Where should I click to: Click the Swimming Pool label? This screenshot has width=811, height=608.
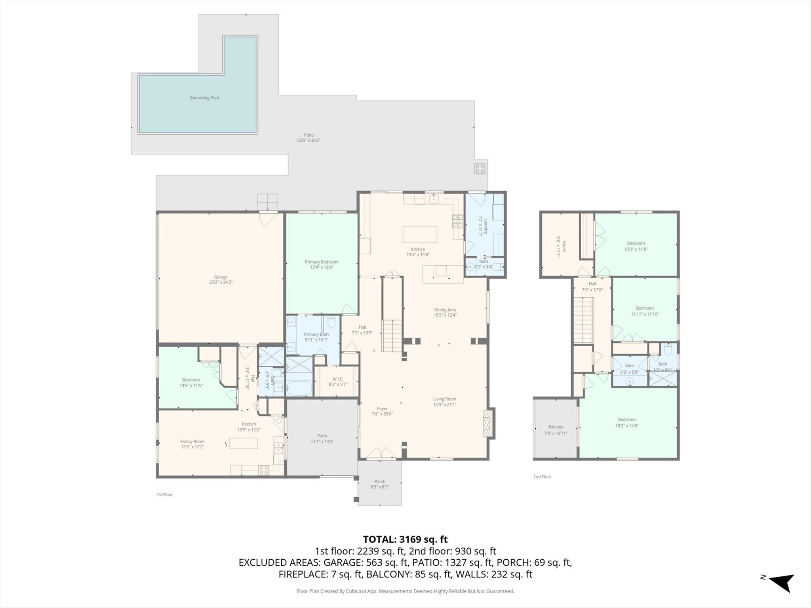pyautogui.click(x=204, y=98)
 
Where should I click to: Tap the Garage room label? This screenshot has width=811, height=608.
pyautogui.click(x=221, y=277)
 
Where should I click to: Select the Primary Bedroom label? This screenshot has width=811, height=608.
pyautogui.click(x=322, y=262)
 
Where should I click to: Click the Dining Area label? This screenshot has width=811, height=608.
pyautogui.click(x=445, y=310)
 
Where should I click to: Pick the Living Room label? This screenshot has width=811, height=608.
pyautogui.click(x=445, y=399)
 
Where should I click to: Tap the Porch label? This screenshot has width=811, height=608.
pyautogui.click(x=380, y=482)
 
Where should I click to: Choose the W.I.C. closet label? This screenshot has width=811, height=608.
pyautogui.click(x=338, y=379)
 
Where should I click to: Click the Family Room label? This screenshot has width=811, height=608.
pyautogui.click(x=192, y=442)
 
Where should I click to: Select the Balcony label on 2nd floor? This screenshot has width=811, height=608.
pyautogui.click(x=556, y=427)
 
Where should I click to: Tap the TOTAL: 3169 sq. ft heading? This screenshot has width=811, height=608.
pyautogui.click(x=405, y=540)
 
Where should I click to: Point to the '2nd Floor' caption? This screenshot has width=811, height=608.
pyautogui.click(x=542, y=477)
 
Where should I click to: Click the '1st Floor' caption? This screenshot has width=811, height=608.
pyautogui.click(x=165, y=494)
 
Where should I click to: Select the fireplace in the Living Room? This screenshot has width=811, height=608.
pyautogui.click(x=489, y=423)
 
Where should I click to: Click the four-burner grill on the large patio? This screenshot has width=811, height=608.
pyautogui.click(x=480, y=168)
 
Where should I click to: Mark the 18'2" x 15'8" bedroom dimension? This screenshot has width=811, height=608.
pyautogui.click(x=627, y=426)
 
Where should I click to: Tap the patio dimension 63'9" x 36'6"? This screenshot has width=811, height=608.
pyautogui.click(x=309, y=141)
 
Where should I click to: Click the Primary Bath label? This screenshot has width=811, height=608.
pyautogui.click(x=316, y=334)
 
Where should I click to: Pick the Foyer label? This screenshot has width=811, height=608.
pyautogui.click(x=382, y=409)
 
